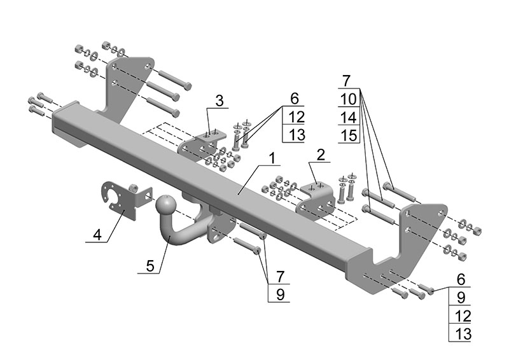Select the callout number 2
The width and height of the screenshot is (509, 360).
coord(321,154)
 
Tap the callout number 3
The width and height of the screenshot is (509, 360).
coord(219,100)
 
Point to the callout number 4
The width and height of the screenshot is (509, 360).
coord(97,235)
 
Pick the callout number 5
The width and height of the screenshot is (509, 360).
coord(150,266)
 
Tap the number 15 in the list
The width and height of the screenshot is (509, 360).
coord(348,135)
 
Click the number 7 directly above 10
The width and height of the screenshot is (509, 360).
coord(347,81)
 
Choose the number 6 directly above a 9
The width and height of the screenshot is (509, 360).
coord(461,279)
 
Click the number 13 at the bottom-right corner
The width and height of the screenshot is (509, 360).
coord(461,333)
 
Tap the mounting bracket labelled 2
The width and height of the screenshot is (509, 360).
coord(316,201)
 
